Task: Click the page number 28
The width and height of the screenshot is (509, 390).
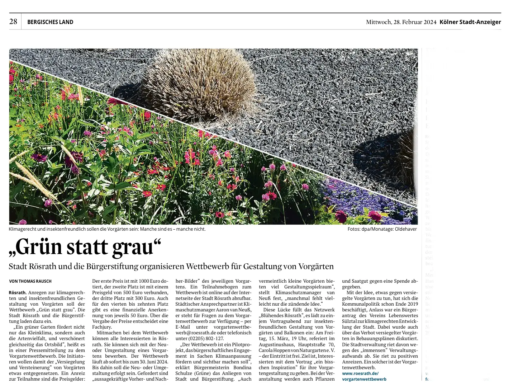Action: (x=13, y=22)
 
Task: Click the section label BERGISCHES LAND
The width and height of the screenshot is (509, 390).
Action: (x=50, y=22)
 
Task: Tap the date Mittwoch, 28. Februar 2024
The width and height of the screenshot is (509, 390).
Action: (x=401, y=22)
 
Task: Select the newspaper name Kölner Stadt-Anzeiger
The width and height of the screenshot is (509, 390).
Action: (x=470, y=22)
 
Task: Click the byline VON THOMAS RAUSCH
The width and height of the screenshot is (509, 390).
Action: (x=30, y=281)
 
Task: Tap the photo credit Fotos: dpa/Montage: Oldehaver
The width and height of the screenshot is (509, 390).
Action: (x=382, y=229)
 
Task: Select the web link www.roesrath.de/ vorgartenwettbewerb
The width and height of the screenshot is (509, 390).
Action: (x=364, y=376)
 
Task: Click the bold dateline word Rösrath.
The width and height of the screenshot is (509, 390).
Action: (x=17, y=292)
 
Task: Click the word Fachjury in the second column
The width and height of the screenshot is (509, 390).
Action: (x=101, y=327)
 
